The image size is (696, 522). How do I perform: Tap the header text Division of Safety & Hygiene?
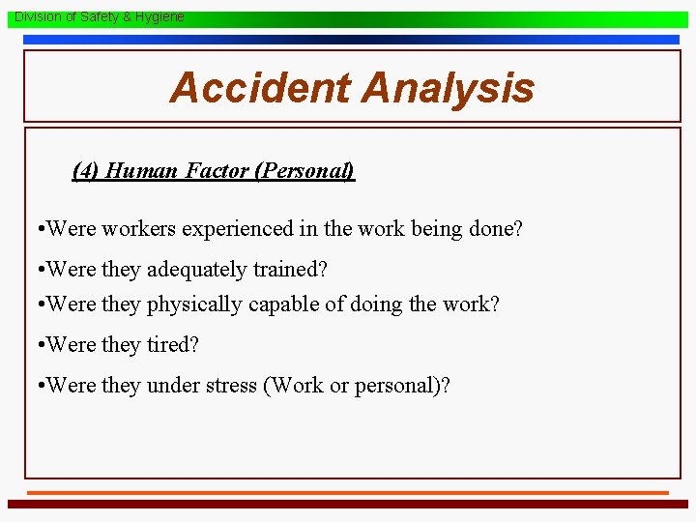click(x=99, y=17)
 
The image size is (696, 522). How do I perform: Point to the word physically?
click(x=194, y=304)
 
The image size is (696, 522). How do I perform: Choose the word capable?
click(x=282, y=304)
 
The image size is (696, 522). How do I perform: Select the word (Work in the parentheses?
click(x=293, y=385)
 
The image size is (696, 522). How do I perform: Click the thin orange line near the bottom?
click(x=347, y=493)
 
